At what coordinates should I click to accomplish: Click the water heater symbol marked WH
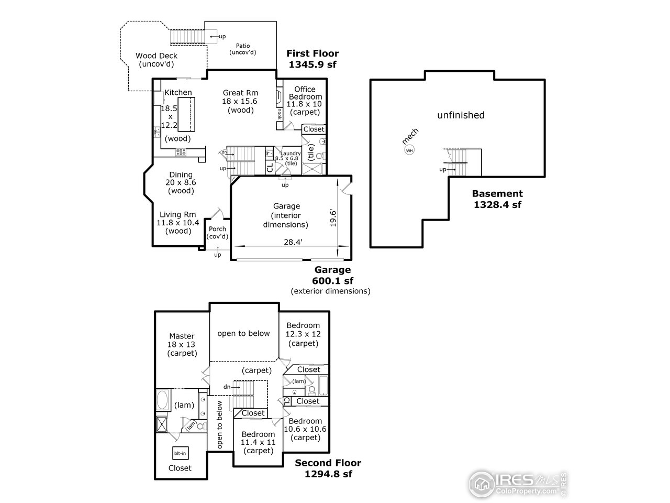pyautogui.click(x=409, y=151)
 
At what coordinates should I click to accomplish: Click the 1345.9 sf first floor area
pyautogui.click(x=312, y=64)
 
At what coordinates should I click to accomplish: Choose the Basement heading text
pyautogui.click(x=497, y=194)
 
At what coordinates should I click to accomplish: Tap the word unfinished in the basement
pyautogui.click(x=461, y=115)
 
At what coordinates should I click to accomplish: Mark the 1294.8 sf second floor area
pyautogui.click(x=328, y=474)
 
